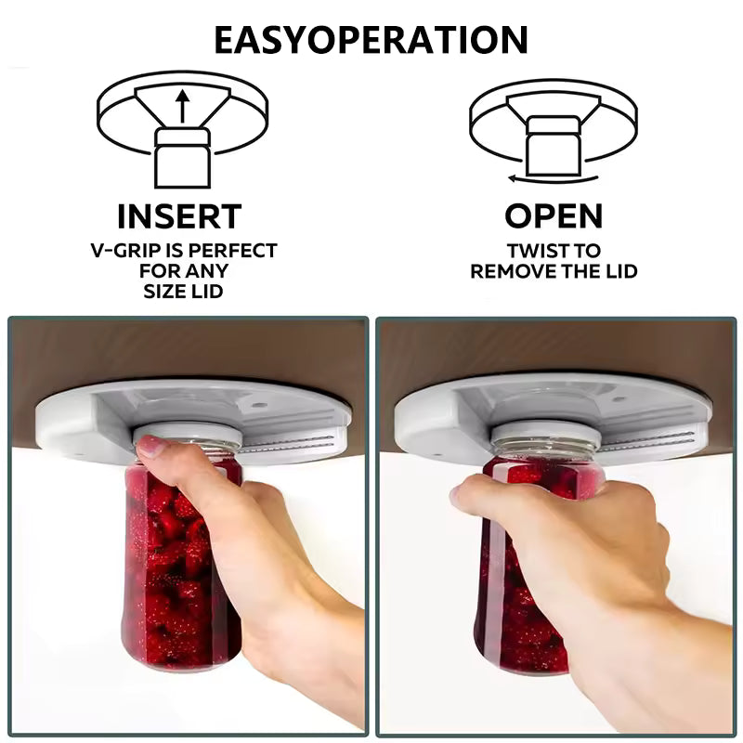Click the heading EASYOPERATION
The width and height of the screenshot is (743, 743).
coord(371,40)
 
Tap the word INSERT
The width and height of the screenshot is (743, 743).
coord(179,216)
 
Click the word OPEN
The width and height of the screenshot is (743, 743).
coord(554,216)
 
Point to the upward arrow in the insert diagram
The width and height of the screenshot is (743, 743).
coord(182,105)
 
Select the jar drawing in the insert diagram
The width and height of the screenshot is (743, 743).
coord(182,158)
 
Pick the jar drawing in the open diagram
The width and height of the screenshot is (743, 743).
coord(554,147)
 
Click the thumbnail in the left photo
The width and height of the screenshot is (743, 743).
coord(150,447)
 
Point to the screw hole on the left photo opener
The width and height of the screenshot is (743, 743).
coord(257,406)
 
